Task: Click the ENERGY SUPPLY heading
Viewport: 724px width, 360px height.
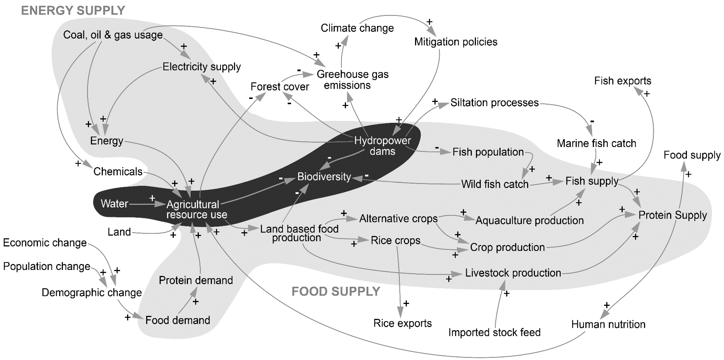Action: (73, 11)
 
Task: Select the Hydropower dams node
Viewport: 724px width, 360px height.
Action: (382, 146)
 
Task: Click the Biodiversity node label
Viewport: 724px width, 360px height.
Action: (324, 177)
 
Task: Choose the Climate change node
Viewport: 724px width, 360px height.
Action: (357, 28)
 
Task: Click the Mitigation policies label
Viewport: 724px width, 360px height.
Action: (456, 42)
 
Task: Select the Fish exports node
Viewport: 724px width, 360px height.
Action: (622, 81)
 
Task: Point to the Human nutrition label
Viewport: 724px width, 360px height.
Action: (608, 324)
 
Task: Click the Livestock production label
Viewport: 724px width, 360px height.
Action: (513, 273)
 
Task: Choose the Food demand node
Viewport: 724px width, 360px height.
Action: (178, 320)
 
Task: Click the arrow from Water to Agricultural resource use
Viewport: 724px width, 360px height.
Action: (146, 204)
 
